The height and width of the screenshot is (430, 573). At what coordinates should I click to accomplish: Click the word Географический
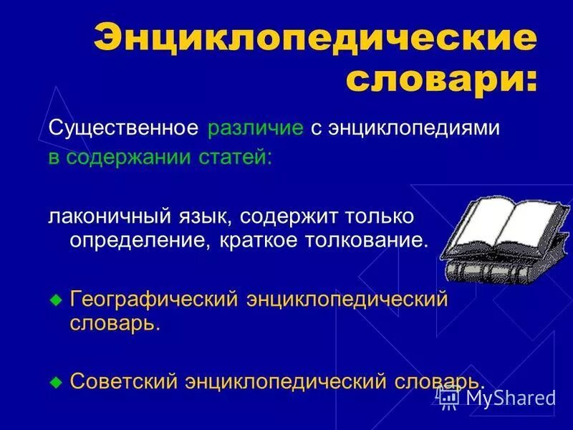pos(153,298)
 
